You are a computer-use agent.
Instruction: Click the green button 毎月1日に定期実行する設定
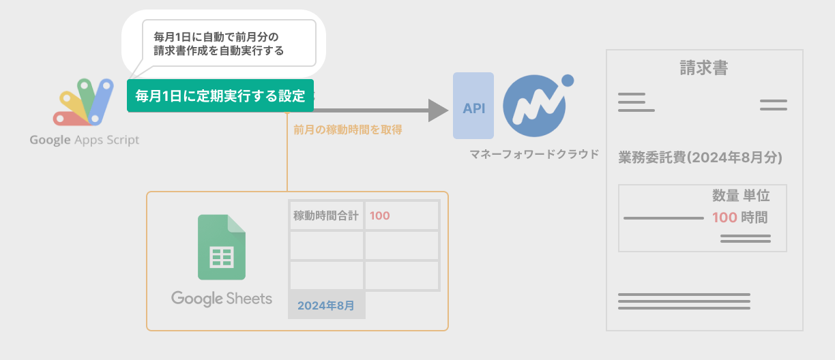pyautogui.click(x=220, y=95)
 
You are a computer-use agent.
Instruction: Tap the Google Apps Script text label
pyautogui.click(x=84, y=140)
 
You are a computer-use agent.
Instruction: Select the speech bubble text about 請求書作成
pyautogui.click(x=218, y=43)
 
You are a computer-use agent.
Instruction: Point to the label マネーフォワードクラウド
pyautogui.click(x=534, y=155)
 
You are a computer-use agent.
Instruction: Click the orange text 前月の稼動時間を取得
pyautogui.click(x=348, y=129)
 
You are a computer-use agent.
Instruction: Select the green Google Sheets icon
pyautogui.click(x=222, y=247)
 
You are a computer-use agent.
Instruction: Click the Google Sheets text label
pyautogui.click(x=222, y=299)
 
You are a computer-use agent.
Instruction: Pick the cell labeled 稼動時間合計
pyautogui.click(x=326, y=216)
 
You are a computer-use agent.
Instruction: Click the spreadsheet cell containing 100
pyautogui.click(x=401, y=216)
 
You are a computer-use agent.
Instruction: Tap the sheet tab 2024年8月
pyautogui.click(x=326, y=305)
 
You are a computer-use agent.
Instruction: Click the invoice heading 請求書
pyautogui.click(x=703, y=68)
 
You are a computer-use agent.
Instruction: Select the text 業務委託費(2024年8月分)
pyautogui.click(x=700, y=157)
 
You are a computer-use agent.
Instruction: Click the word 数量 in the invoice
pyautogui.click(x=725, y=196)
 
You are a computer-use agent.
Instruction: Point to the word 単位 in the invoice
pyautogui.click(x=757, y=196)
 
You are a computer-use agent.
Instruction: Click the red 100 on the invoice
pyautogui.click(x=724, y=218)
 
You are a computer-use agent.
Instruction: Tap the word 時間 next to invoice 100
pyautogui.click(x=755, y=218)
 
